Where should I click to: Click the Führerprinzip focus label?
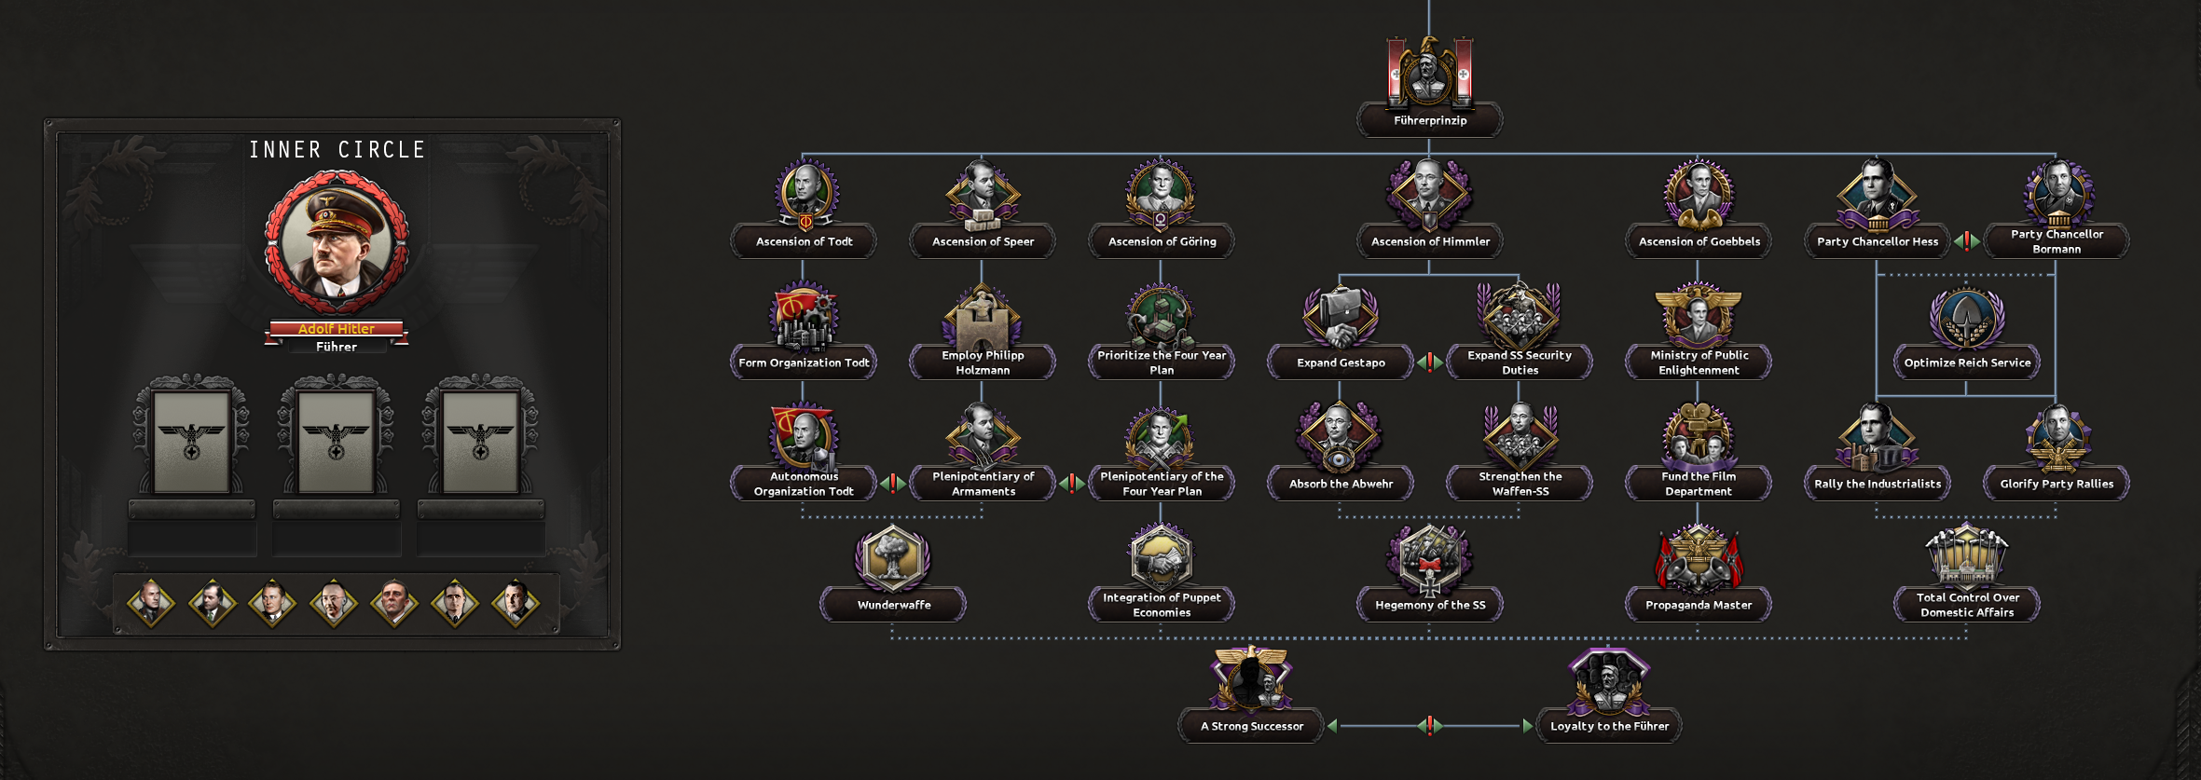(1429, 120)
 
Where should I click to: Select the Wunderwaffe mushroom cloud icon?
(892, 557)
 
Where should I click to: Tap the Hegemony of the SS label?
(1430, 605)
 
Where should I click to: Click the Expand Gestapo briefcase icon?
(1340, 315)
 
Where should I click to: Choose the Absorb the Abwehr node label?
(1341, 484)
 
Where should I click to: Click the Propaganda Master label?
(1699, 605)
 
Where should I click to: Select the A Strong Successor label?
(1251, 726)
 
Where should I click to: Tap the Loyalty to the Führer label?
(1609, 726)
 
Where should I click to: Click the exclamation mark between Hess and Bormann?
(1966, 240)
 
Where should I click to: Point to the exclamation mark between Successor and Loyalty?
(1429, 725)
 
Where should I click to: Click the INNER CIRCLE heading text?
(337, 150)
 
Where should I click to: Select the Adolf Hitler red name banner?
(337, 329)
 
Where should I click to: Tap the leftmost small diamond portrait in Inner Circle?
(151, 603)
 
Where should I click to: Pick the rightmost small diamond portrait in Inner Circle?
(516, 603)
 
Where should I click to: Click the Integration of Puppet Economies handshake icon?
(1161, 557)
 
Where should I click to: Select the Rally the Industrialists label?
(1878, 484)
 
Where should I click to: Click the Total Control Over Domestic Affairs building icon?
(1966, 556)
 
